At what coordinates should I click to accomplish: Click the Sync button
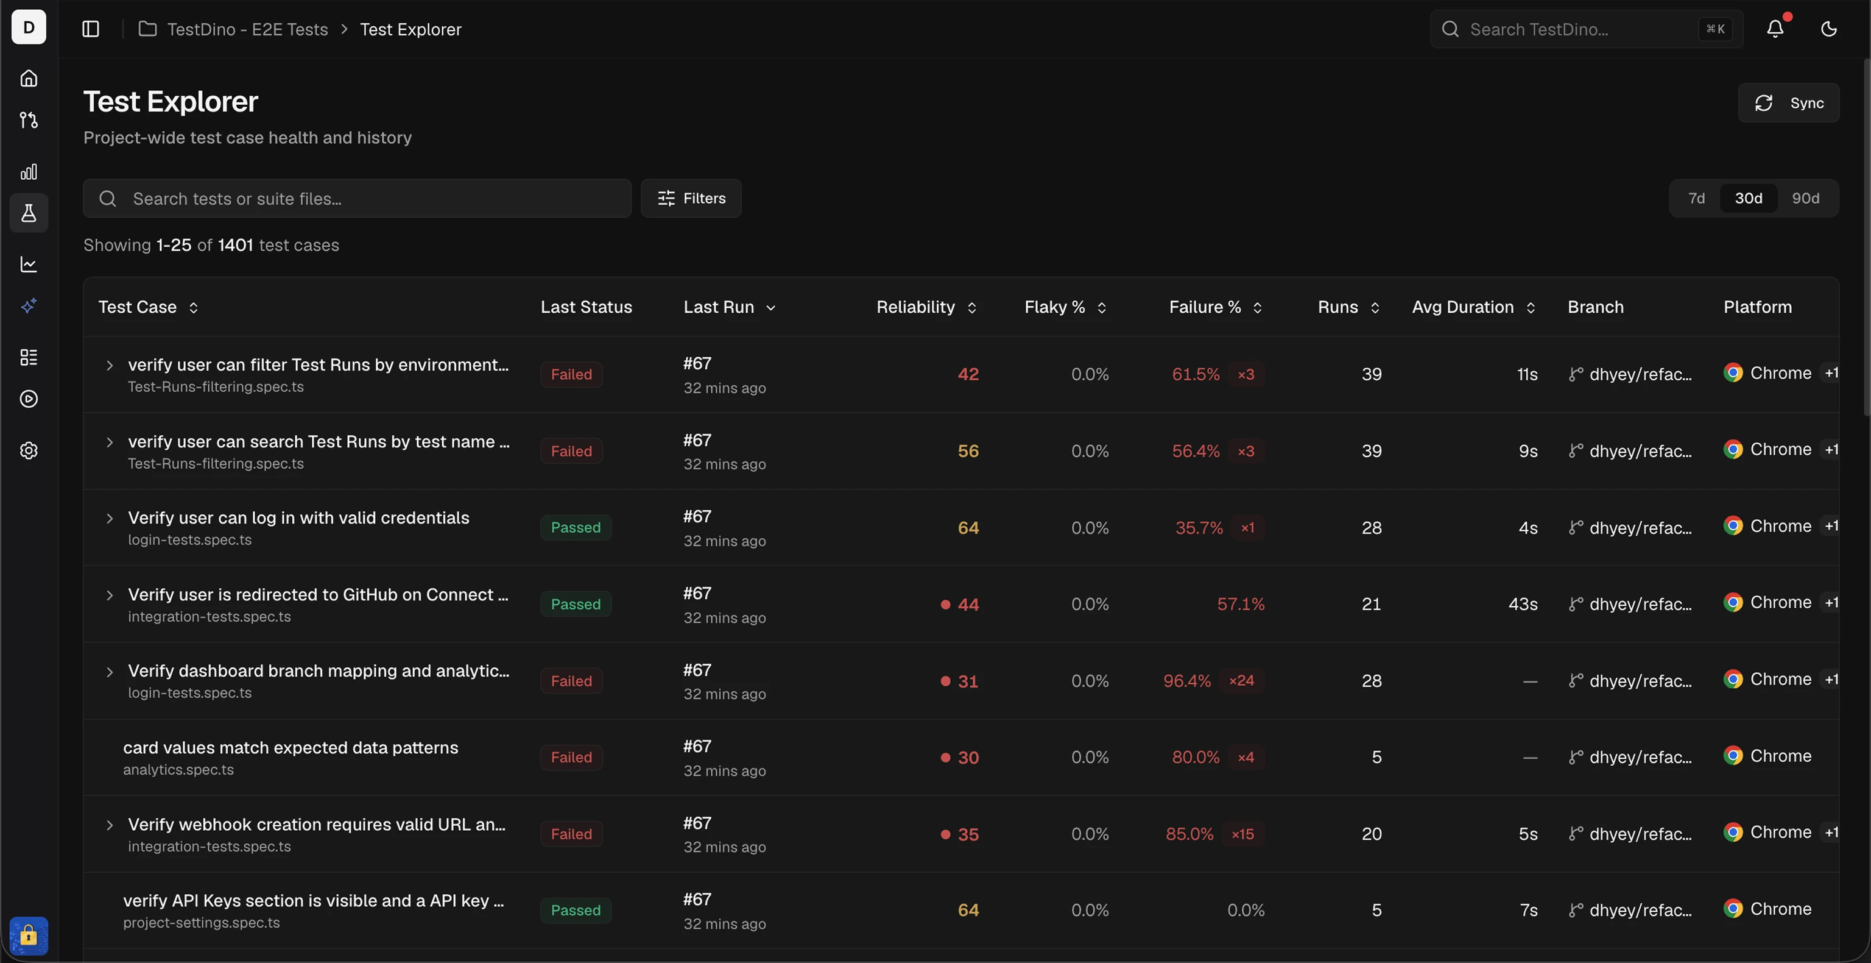[x=1788, y=103]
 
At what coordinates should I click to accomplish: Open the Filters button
[x=691, y=199]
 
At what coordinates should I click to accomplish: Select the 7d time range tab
[x=1696, y=199]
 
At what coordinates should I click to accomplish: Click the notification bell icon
[x=1775, y=29]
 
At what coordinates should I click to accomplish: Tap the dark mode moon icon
[x=1828, y=29]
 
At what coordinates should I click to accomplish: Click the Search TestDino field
[x=1587, y=29]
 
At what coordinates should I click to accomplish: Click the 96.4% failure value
[x=1187, y=681]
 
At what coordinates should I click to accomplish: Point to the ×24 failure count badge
[x=1241, y=681]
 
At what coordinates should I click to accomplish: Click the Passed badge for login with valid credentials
[x=575, y=528]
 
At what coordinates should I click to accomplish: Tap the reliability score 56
[x=968, y=452]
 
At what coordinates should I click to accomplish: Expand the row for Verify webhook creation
[x=110, y=825]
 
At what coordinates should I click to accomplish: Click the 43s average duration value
[x=1523, y=605]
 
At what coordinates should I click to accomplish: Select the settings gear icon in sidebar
[x=29, y=450]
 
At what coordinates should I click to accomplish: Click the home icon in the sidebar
[x=29, y=78]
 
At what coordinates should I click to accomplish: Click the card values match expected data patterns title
[x=291, y=748]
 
